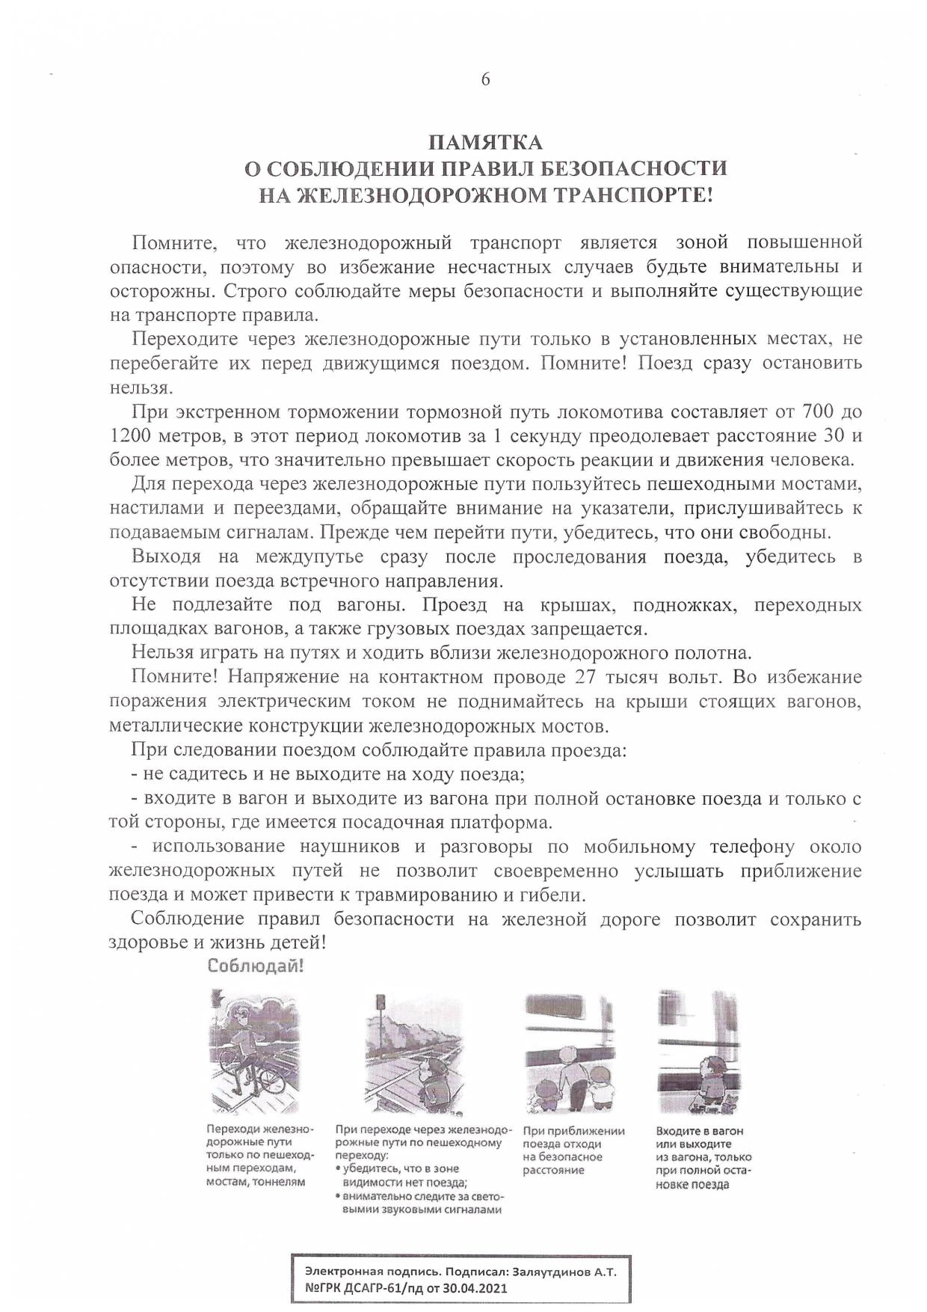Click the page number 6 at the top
point(485,80)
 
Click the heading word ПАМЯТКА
point(485,142)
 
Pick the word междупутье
point(310,557)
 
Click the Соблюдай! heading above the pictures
point(256,966)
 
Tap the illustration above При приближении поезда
point(570,1051)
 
